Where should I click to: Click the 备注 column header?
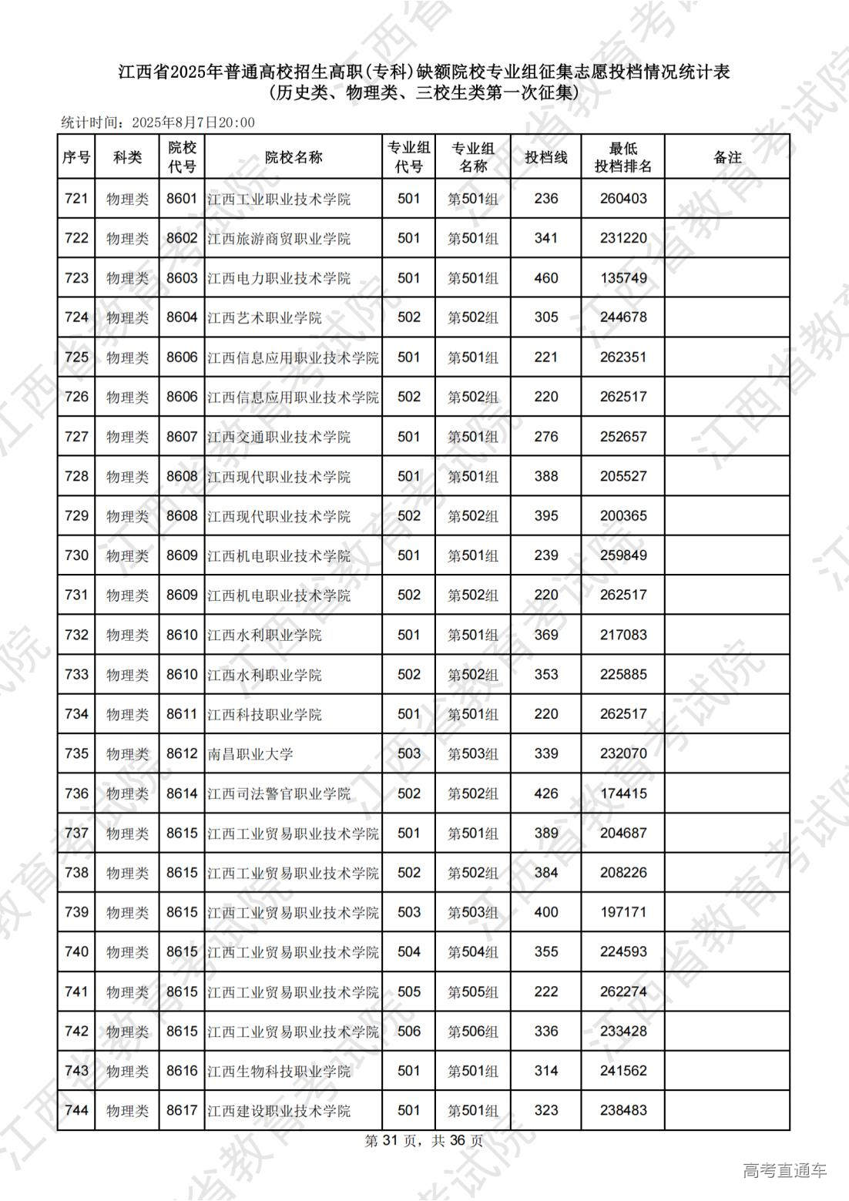727,157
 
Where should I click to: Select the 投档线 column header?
545,157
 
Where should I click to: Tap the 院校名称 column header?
294,157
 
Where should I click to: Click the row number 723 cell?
76,278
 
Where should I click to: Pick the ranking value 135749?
623,278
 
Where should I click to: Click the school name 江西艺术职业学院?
264,317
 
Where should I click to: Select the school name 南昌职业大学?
250,753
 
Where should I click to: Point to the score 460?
545,278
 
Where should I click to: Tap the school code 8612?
182,753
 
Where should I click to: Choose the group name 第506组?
473,1032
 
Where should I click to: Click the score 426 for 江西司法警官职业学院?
545,793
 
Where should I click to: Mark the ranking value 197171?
623,912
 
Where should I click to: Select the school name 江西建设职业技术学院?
279,1111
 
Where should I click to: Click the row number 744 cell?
76,1111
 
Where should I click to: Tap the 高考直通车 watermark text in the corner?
784,1171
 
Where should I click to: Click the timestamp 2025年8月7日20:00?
193,122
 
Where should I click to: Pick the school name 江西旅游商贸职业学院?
279,239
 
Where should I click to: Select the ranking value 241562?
623,1071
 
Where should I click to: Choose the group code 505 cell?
409,991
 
